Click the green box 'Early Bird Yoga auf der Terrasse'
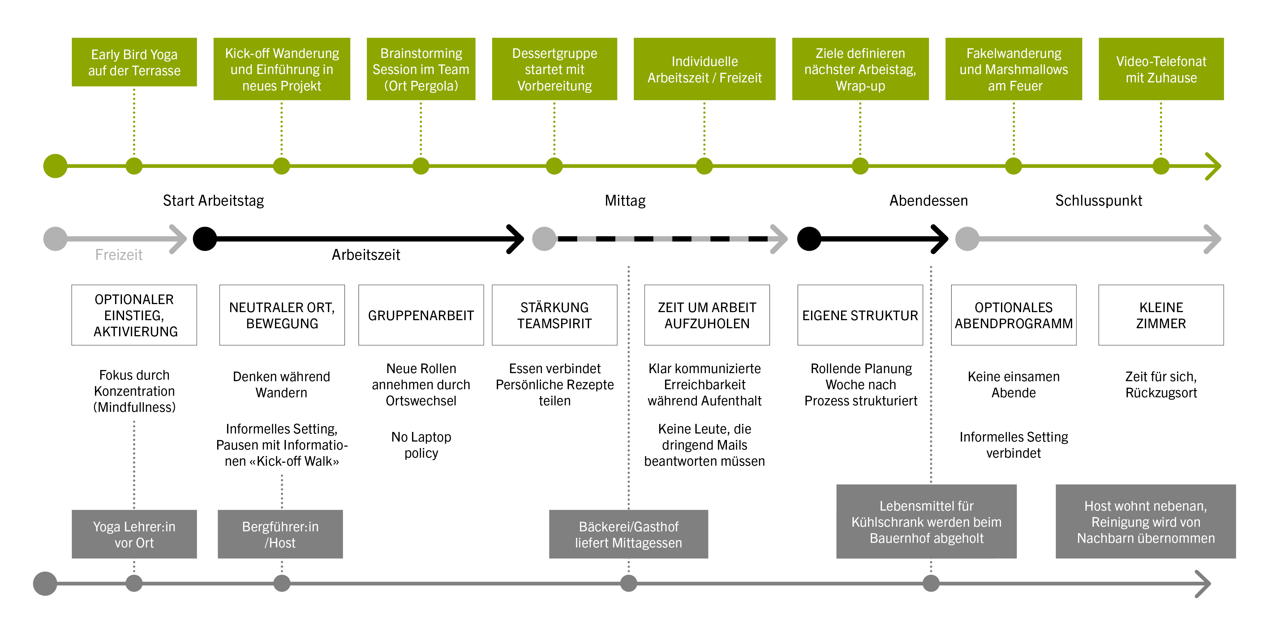click(134, 62)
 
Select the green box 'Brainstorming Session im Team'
click(421, 69)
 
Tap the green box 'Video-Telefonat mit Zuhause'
click(1161, 69)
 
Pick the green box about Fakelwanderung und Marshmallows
click(1013, 69)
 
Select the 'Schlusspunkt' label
click(1098, 200)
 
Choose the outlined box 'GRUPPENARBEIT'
click(421, 315)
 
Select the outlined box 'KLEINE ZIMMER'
click(1161, 315)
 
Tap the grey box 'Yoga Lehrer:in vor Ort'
click(134, 534)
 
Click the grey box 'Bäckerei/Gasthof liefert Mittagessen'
click(628, 534)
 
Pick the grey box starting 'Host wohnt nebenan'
click(1145, 521)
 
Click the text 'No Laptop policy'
click(421, 445)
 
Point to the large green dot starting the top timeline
click(55, 166)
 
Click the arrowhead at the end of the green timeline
click(1215, 166)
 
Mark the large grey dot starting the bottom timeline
click(45, 583)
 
